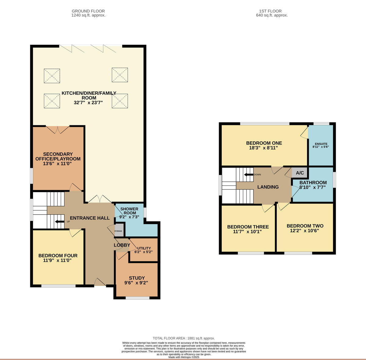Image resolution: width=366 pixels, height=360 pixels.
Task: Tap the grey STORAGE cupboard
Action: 119,230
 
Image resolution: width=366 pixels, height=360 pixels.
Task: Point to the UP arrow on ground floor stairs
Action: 59,222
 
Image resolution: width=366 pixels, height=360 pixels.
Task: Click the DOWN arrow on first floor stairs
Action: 249,174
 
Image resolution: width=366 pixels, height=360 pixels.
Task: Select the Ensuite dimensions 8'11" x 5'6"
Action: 321,147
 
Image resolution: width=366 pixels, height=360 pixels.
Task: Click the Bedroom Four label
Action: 58,255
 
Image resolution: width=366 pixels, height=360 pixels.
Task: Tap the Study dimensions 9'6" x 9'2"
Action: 136,283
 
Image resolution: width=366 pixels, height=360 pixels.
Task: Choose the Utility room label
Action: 144,248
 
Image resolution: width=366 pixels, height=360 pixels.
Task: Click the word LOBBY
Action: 122,245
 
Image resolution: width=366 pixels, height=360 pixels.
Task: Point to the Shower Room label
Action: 129,211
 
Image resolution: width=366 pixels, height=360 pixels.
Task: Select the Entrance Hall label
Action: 90,218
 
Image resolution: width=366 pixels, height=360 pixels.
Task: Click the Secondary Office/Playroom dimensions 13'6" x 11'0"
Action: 57,163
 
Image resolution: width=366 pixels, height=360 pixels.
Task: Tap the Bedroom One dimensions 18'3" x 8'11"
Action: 264,148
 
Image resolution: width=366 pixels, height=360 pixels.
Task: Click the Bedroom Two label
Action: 305,226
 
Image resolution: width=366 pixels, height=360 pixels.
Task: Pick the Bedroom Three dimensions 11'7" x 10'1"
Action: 247,231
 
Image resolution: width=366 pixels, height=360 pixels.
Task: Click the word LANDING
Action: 268,187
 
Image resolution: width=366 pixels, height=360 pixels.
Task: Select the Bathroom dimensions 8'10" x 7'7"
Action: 313,187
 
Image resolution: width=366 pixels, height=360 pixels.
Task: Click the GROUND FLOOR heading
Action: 88,11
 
